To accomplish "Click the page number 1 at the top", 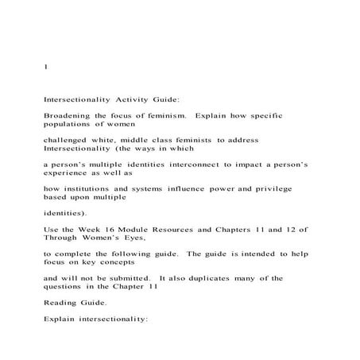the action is [45, 68].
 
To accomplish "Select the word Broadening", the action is [68, 116].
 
